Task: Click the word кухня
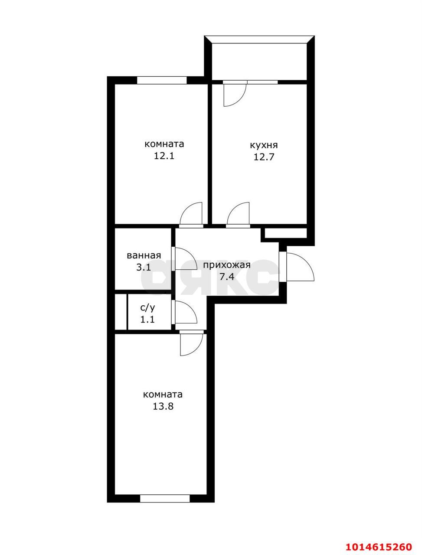[x=264, y=145]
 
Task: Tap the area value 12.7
[x=264, y=157]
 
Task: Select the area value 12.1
[x=164, y=156]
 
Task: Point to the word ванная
[x=144, y=255]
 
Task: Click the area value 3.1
[x=144, y=267]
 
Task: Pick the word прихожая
[x=227, y=265]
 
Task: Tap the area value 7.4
[x=227, y=277]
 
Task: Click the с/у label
[x=147, y=308]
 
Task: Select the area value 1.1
[x=147, y=320]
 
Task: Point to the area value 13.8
[x=163, y=406]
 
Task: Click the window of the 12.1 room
[x=162, y=80]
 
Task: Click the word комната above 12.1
[x=164, y=144]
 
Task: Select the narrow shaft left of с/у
[x=121, y=312]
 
